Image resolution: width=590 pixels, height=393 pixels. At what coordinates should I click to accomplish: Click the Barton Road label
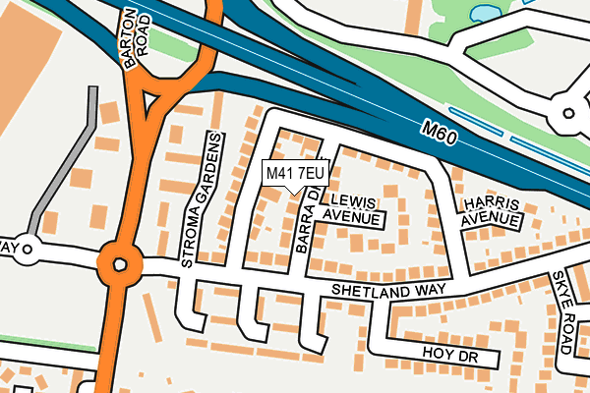point(132,39)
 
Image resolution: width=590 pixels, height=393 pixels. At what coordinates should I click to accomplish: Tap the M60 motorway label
point(434,131)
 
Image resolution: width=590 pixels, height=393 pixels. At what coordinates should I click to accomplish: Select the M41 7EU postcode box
point(295,174)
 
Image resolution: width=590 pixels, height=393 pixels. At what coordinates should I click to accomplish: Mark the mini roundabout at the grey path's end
point(28,250)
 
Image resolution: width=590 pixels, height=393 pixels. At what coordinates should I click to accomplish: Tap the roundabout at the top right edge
point(567,114)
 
